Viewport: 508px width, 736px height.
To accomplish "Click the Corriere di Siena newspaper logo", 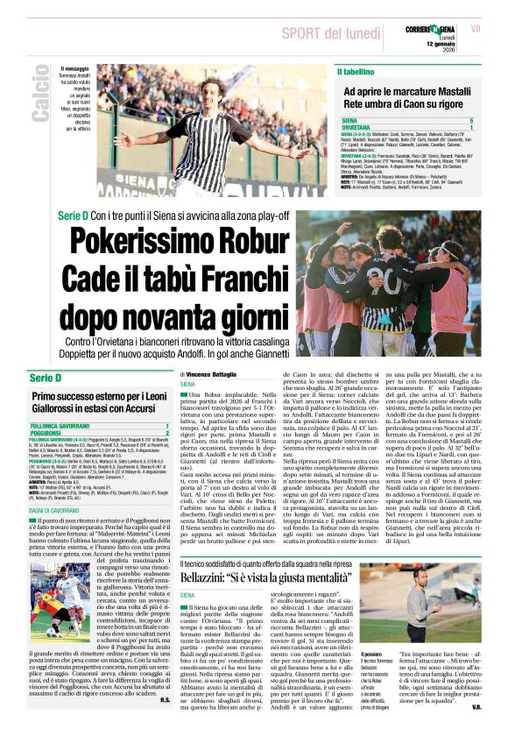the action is (x=428, y=30).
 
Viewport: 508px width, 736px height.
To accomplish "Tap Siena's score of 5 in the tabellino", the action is (x=495, y=119).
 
